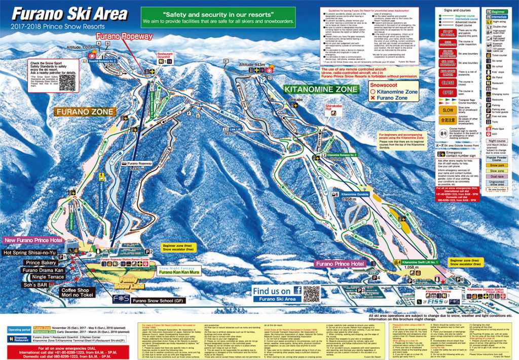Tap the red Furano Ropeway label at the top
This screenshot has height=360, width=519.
[x=124, y=36]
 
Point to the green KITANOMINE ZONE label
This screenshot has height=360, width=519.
[x=321, y=89]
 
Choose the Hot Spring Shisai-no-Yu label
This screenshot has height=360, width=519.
[x=30, y=252]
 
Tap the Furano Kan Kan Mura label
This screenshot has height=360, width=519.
[x=181, y=272]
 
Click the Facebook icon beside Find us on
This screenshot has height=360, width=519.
[x=297, y=290]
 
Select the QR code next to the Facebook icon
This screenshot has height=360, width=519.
[x=312, y=293]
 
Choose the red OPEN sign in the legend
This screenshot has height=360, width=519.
[x=448, y=92]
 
